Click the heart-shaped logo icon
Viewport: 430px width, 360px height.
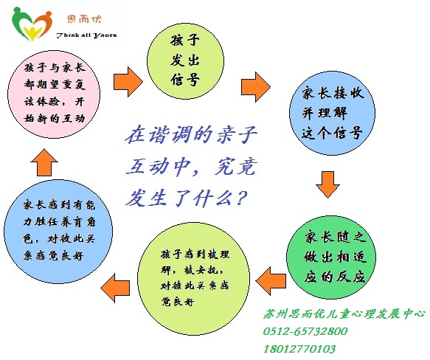pos(32,24)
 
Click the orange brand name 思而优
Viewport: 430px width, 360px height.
pos(85,19)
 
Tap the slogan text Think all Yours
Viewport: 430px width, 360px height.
pos(86,35)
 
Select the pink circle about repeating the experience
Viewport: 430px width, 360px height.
pos(54,93)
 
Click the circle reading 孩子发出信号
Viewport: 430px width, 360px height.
pos(185,61)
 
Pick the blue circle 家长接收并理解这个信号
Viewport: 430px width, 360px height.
pos(333,113)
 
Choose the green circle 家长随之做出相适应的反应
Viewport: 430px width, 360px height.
pos(331,257)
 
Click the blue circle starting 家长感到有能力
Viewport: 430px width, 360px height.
pos(58,232)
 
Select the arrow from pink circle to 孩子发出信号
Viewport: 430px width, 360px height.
pos(128,82)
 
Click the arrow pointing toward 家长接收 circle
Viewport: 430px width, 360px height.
pos(256,87)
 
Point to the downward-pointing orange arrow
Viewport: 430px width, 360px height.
pos(327,184)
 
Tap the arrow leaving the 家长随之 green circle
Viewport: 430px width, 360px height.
pos(271,281)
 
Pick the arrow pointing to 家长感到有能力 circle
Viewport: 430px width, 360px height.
pos(115,288)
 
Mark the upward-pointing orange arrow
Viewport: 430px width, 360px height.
pos(44,162)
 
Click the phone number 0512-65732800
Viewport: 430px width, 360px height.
pos(305,331)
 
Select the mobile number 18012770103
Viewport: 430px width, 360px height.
pos(299,349)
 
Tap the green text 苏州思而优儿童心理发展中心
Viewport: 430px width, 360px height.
pos(344,314)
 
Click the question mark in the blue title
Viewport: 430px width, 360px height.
pos(241,198)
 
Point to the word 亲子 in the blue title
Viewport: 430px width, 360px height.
pos(237,135)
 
